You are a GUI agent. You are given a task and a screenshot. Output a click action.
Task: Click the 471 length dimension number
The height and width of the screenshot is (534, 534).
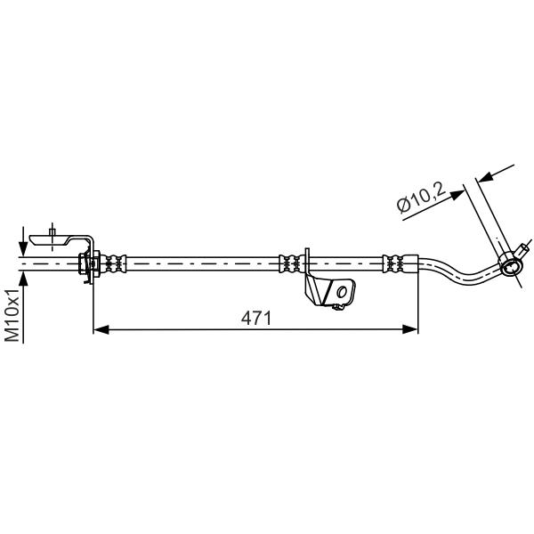(x=255, y=318)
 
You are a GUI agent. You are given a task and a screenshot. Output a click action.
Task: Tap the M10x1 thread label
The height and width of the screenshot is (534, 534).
(x=12, y=315)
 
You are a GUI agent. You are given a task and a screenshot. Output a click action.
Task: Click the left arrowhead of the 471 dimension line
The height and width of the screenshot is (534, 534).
(x=101, y=329)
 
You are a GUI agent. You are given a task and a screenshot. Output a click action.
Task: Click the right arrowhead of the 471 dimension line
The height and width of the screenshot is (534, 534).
(x=410, y=329)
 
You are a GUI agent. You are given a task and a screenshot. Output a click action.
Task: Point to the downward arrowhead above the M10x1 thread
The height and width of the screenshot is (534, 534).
(x=23, y=249)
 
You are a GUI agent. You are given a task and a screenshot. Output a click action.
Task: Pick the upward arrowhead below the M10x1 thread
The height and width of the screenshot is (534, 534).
(x=23, y=279)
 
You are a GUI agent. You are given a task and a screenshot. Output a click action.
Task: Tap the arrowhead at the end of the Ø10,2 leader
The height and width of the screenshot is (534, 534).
(x=457, y=194)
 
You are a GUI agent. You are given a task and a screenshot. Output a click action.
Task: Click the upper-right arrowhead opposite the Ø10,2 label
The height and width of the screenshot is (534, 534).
(x=484, y=177)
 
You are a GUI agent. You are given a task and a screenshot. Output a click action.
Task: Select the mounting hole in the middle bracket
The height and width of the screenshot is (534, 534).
(x=342, y=292)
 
